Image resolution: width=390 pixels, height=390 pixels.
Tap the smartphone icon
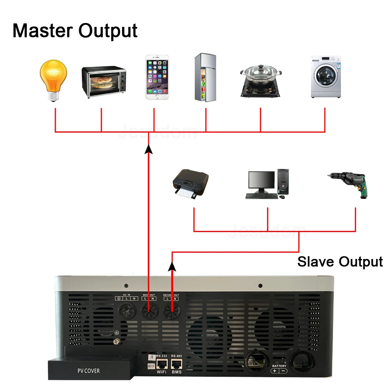click(x=157, y=77)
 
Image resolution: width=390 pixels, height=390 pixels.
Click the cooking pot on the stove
click(x=261, y=77)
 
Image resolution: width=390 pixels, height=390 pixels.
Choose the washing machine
click(x=326, y=77)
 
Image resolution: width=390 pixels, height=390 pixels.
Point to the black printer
click(x=191, y=184)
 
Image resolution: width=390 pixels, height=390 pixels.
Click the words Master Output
click(x=75, y=30)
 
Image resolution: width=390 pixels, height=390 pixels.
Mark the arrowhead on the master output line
click(x=148, y=149)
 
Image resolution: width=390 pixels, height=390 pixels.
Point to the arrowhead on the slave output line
click(x=172, y=266)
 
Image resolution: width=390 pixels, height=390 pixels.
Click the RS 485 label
click(x=177, y=356)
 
